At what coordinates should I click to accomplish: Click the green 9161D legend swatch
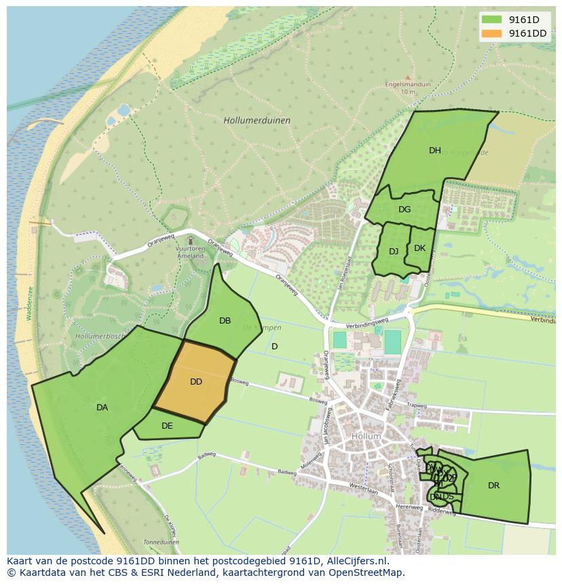tap(492, 20)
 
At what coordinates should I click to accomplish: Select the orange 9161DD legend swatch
tap(492, 33)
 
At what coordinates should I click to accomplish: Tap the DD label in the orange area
tap(196, 382)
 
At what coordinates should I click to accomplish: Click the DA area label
tap(102, 408)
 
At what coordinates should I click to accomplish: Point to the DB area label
tap(225, 321)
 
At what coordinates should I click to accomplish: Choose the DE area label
tap(167, 426)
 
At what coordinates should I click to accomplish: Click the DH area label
tap(434, 151)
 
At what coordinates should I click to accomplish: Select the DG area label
tap(405, 210)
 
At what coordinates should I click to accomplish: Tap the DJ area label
tap(394, 252)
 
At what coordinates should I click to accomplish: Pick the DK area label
tap(419, 248)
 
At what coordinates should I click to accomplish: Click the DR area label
tap(493, 486)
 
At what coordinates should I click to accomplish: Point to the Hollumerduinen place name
tap(257, 120)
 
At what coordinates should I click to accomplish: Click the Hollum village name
tap(366, 436)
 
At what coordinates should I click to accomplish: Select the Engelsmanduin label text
tap(409, 84)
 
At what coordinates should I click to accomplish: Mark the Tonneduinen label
tap(161, 543)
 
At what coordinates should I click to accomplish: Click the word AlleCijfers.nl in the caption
tap(356, 561)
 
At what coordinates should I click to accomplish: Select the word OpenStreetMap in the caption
tap(367, 572)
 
